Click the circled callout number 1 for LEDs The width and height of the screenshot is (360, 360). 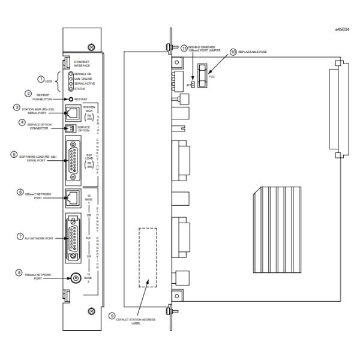coord(41,79)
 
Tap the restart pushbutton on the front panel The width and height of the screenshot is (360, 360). coord(70,99)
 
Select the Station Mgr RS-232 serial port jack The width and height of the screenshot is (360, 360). coord(72,112)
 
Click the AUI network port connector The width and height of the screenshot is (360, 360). coord(73,237)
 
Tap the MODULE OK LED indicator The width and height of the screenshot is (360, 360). coord(71,74)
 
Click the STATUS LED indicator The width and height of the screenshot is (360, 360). coord(71,89)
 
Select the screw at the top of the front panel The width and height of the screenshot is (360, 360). coord(90,46)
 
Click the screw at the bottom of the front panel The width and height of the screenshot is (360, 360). coord(91,310)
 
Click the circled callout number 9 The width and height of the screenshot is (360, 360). coord(111,315)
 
